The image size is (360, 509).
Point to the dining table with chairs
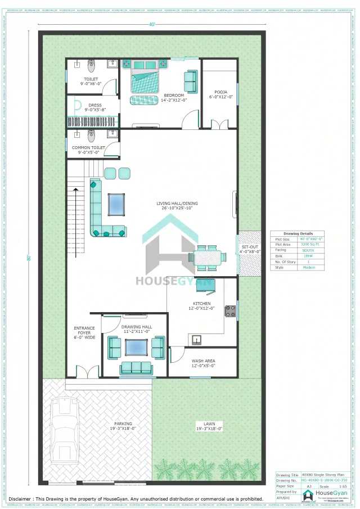click(208, 258)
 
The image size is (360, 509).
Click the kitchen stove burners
click(230, 310)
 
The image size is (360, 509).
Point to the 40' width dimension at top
click(152, 25)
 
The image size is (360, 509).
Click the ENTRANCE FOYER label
click(84, 332)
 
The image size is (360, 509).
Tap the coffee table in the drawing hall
click(136, 348)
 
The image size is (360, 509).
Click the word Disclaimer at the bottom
click(24, 499)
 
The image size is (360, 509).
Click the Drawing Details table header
click(299, 233)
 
